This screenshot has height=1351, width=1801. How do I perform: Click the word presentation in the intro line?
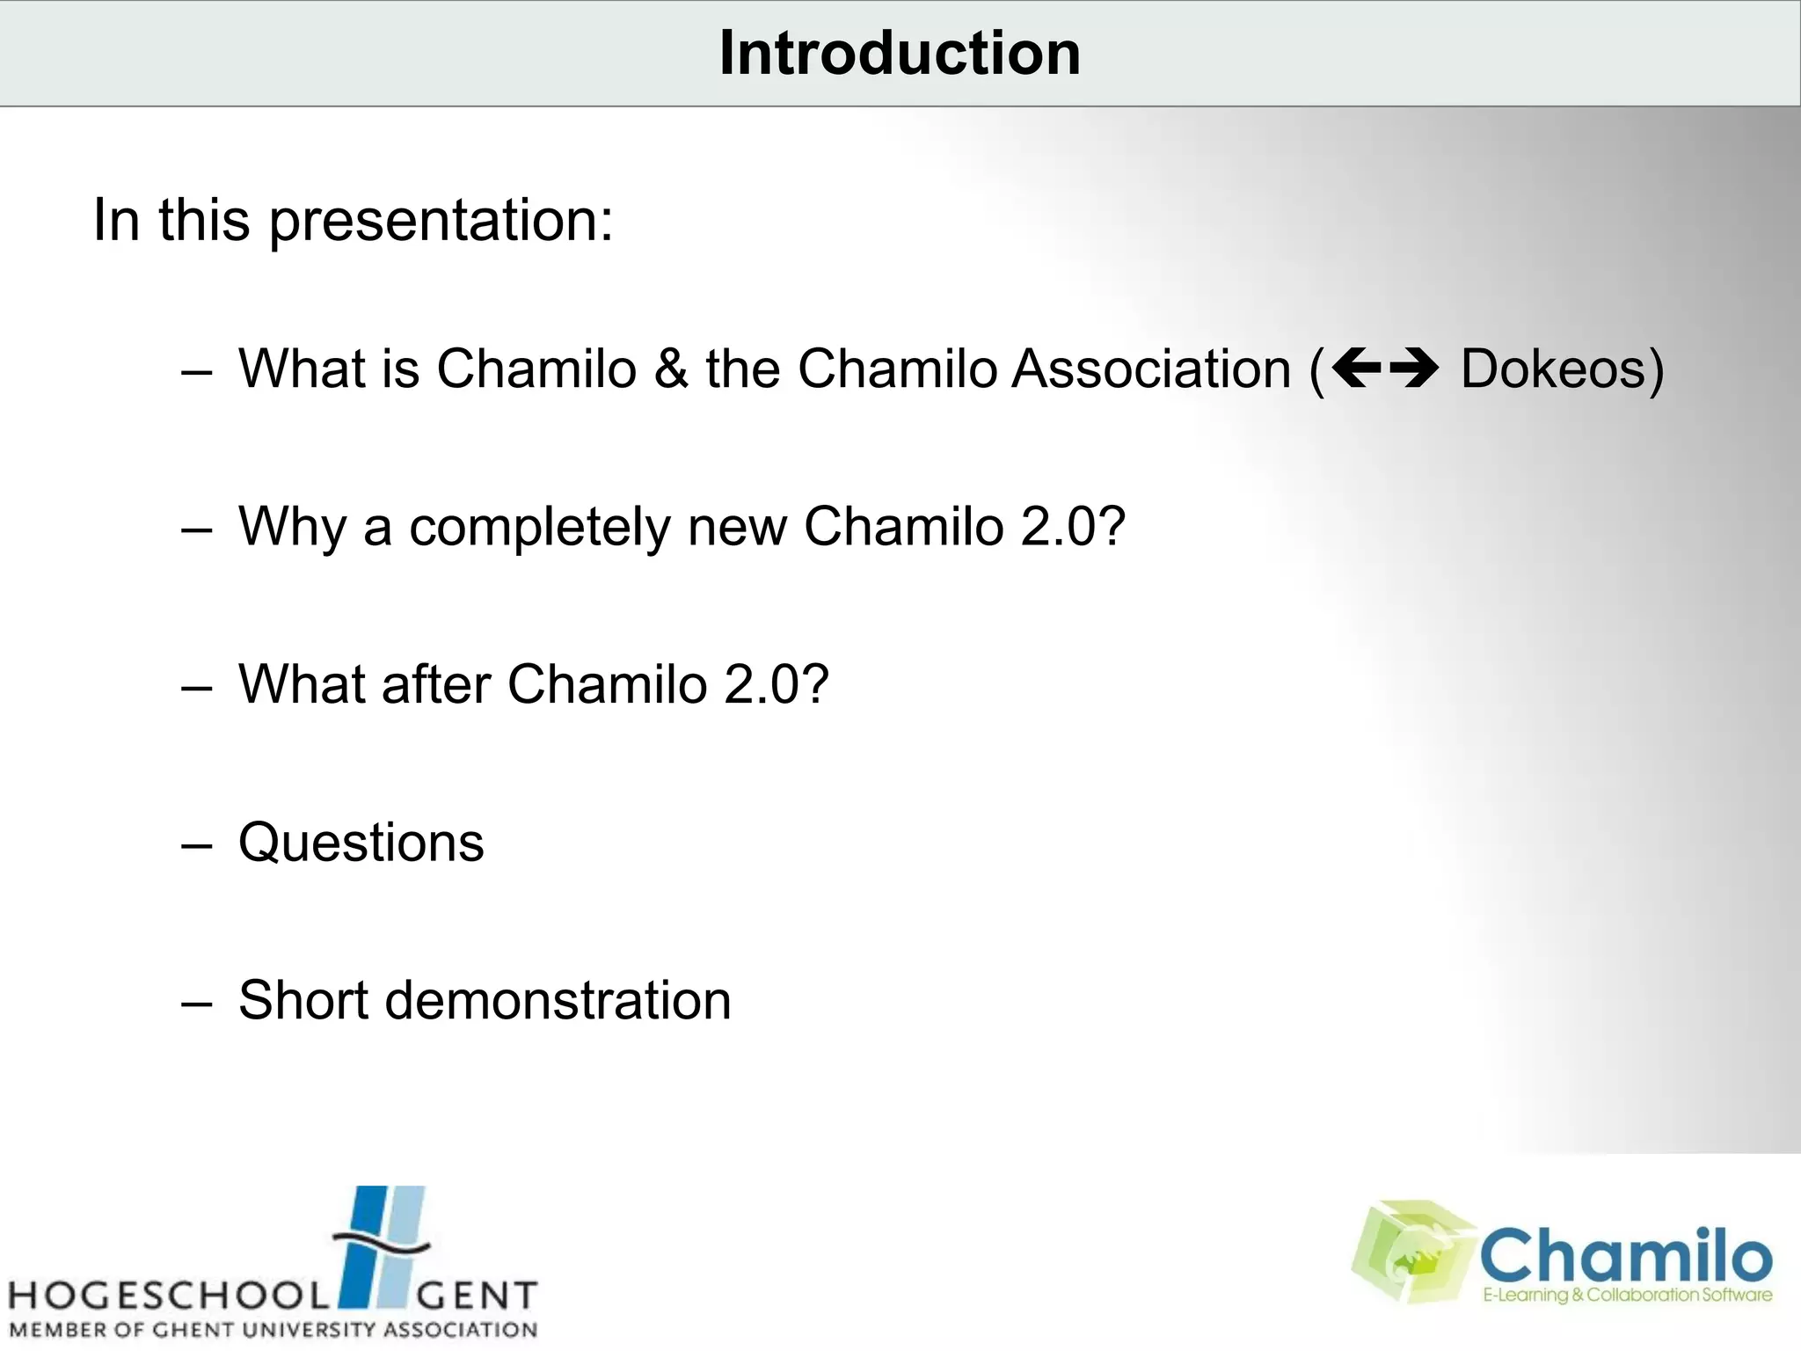pyautogui.click(x=440, y=222)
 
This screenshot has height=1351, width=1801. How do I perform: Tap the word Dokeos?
pyautogui.click(x=1552, y=369)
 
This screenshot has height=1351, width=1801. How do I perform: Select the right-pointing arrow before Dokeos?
pyautogui.click(x=1413, y=368)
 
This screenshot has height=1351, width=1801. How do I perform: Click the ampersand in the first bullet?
pyautogui.click(x=671, y=369)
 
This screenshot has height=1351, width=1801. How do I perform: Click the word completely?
pyautogui.click(x=540, y=528)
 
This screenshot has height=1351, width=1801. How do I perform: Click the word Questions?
pyautogui.click(x=361, y=843)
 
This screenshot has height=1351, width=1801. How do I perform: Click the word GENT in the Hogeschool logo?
pyautogui.click(x=475, y=1296)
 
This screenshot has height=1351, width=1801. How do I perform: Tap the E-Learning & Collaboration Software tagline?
pyautogui.click(x=1627, y=1295)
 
